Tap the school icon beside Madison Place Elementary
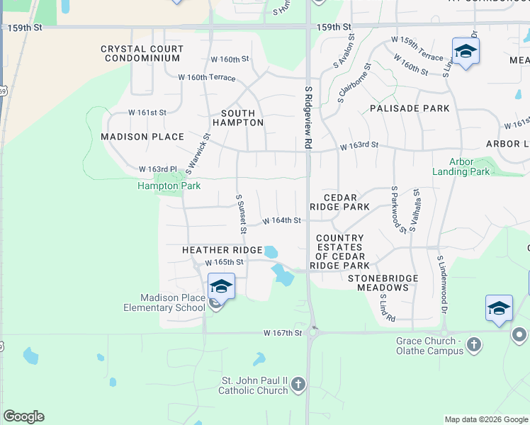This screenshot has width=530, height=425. click(x=221, y=287)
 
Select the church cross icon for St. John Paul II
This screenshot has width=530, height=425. click(x=298, y=385)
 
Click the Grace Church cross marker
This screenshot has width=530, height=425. click(x=474, y=345)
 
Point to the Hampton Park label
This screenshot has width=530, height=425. click(x=169, y=186)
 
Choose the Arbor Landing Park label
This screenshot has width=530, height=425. click(x=461, y=166)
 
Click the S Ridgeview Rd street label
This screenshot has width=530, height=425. click(x=309, y=118)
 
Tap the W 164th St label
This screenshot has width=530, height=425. click(x=282, y=221)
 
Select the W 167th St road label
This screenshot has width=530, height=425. click(x=283, y=332)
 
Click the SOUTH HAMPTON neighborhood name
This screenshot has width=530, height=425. click(x=242, y=118)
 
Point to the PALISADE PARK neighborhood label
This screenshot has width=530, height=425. click(x=410, y=108)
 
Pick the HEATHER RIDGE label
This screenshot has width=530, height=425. click(x=222, y=250)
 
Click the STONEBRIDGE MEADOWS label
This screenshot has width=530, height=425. click(x=383, y=283)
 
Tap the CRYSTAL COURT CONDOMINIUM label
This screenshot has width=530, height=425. click(x=142, y=53)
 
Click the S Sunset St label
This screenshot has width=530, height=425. click(x=241, y=214)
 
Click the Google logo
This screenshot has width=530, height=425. click(x=23, y=416)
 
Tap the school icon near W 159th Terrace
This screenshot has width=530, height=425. click(x=466, y=51)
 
